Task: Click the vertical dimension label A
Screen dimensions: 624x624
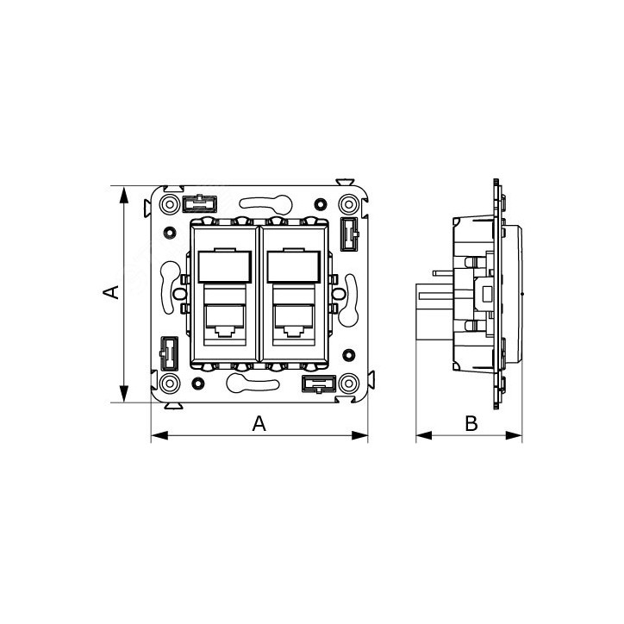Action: click(110, 293)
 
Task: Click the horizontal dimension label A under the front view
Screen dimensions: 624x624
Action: click(258, 423)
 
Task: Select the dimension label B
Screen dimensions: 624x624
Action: click(471, 423)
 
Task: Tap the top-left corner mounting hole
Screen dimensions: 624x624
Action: click(170, 204)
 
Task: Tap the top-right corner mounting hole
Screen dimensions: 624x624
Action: click(348, 204)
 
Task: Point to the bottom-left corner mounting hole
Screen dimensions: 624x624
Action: click(170, 383)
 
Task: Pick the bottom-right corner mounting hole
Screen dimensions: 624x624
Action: click(348, 383)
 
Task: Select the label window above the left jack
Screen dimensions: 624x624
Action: click(223, 267)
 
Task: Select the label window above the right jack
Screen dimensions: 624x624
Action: click(295, 267)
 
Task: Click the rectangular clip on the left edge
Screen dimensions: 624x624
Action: click(169, 352)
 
